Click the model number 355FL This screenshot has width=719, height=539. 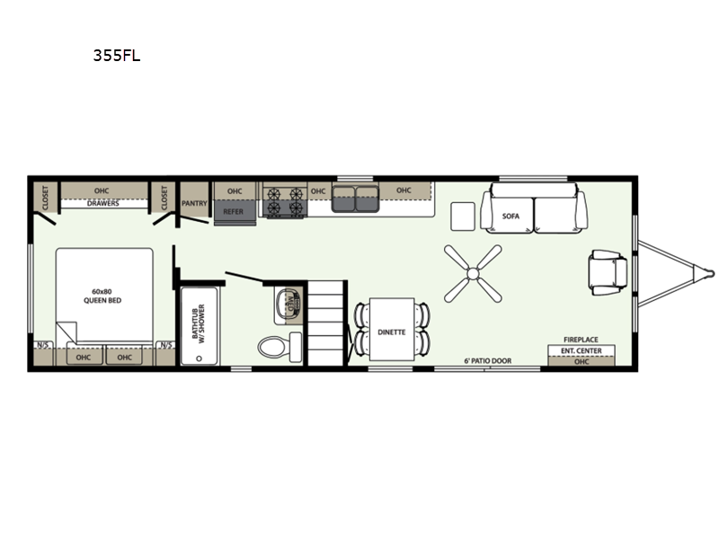point(117,56)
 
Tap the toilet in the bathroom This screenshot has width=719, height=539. point(280,347)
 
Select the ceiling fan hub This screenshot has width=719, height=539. point(473,274)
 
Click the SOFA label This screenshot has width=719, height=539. point(510,216)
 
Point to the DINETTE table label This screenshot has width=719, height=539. point(392,331)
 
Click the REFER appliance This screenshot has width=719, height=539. point(234,212)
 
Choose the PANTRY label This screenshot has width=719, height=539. point(194,203)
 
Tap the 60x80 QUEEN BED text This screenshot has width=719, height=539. point(102,296)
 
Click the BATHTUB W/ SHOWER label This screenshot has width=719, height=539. point(199,322)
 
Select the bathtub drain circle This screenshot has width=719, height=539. point(199,358)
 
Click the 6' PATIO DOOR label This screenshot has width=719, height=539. point(487,361)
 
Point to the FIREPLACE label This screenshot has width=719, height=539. point(581,340)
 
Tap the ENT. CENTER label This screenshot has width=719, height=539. point(581,350)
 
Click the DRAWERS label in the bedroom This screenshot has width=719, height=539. point(103,203)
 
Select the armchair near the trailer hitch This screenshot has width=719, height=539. point(608,272)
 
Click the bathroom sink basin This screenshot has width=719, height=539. point(288,303)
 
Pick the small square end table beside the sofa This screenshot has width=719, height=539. point(463,216)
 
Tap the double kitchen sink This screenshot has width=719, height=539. point(355,199)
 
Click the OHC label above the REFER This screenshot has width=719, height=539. point(235,191)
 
